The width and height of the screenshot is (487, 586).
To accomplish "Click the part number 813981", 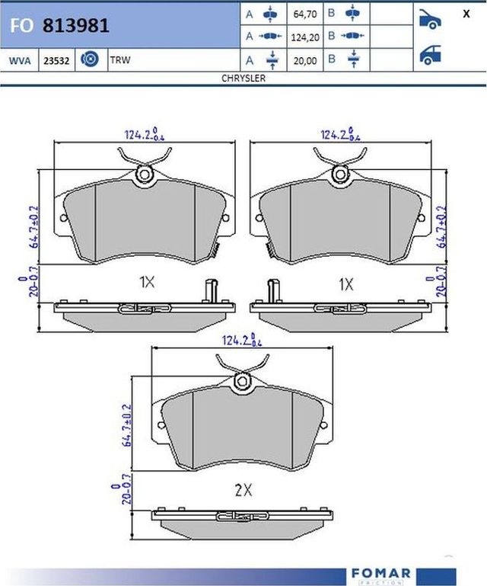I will pyautogui.click(x=76, y=25).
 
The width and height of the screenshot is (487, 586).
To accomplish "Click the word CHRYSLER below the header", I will pyautogui.click(x=243, y=78).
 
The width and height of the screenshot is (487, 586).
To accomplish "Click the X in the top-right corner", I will pyautogui.click(x=465, y=14).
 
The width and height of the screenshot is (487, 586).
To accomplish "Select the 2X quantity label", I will pyautogui.click(x=243, y=491).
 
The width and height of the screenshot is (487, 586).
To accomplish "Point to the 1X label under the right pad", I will pyautogui.click(x=346, y=284).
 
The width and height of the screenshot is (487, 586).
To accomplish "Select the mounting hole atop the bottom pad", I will pyautogui.click(x=243, y=380).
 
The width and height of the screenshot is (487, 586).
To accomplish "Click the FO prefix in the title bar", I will pyautogui.click(x=21, y=26).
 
